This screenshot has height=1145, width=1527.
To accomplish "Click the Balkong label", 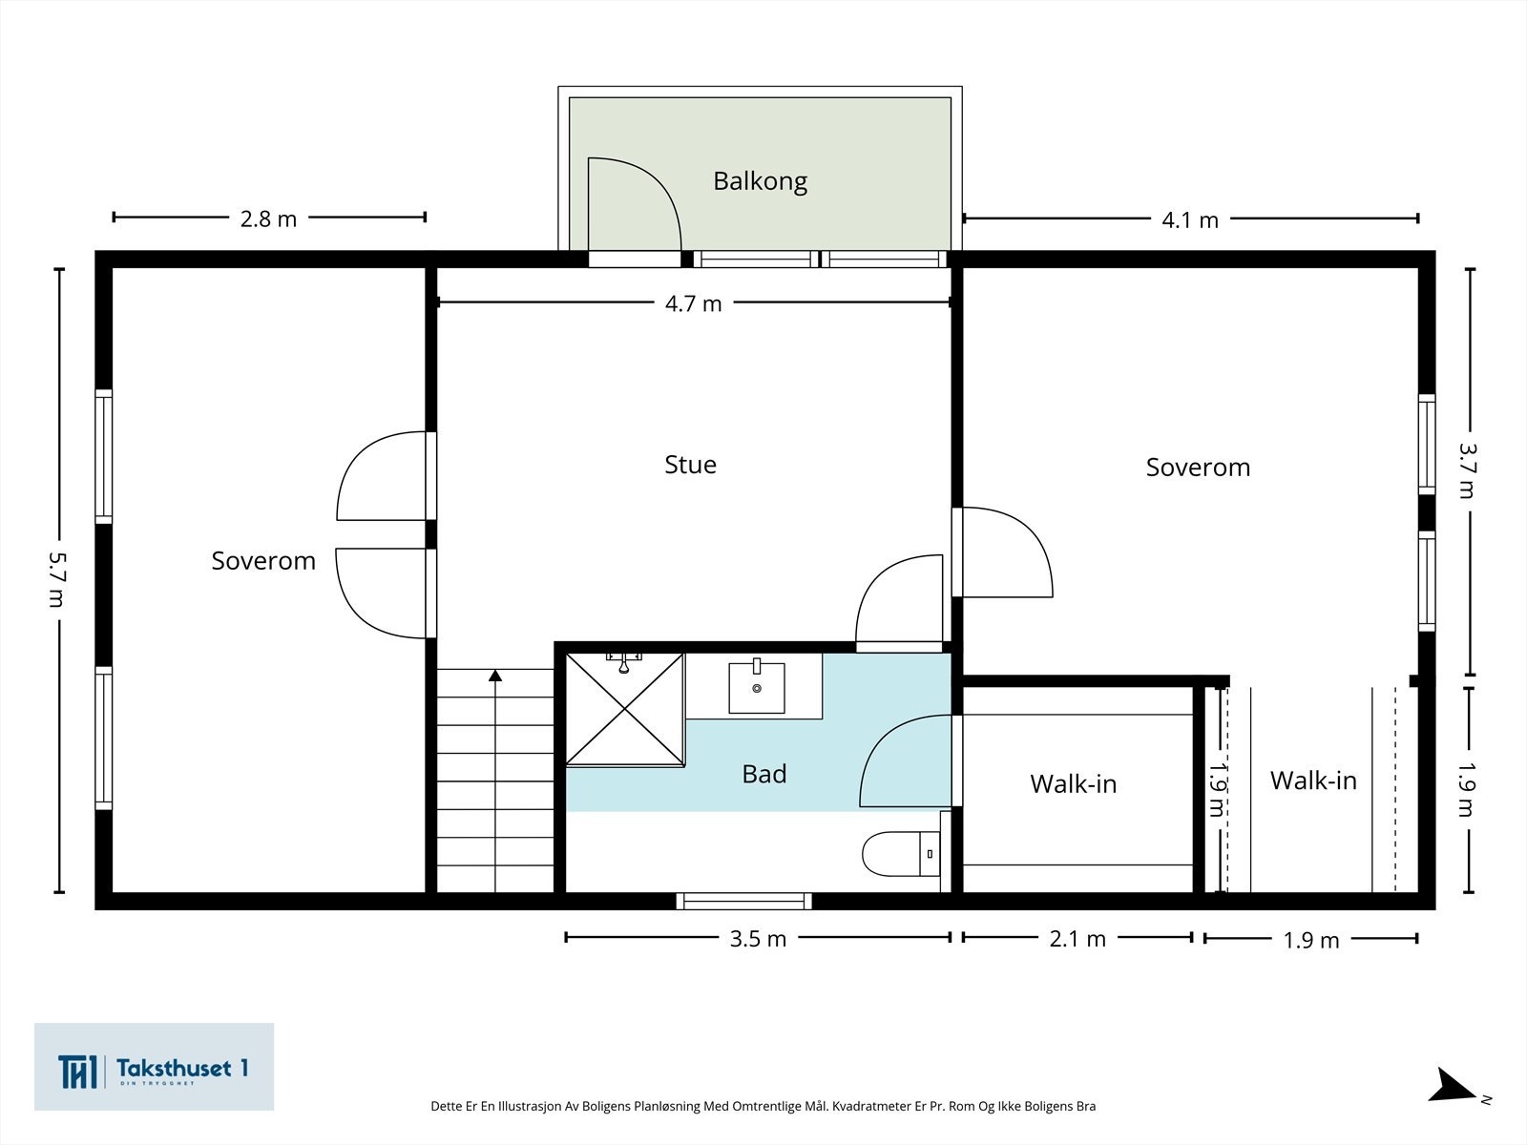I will pyautogui.click(x=760, y=180).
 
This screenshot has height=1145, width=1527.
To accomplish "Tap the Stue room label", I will pyautogui.click(x=690, y=465).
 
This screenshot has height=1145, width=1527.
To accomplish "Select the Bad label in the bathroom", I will pyautogui.click(x=763, y=774).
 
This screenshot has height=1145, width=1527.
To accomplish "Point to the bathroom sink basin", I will pyautogui.click(x=756, y=688).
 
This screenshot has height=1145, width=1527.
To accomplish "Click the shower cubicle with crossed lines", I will pyautogui.click(x=625, y=708).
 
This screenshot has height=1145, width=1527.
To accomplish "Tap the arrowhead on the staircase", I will pyautogui.click(x=494, y=676).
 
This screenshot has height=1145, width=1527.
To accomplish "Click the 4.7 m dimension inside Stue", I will pyautogui.click(x=693, y=303).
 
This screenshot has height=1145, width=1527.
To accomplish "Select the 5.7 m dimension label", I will pyautogui.click(x=58, y=579).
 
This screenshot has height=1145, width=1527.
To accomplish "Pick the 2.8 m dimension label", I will pyautogui.click(x=268, y=219).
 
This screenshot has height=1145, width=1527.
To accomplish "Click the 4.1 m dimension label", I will pyautogui.click(x=1189, y=220).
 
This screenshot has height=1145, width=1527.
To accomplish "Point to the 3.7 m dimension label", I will pyautogui.click(x=1467, y=469).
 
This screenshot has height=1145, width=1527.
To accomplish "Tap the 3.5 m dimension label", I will pyautogui.click(x=758, y=939).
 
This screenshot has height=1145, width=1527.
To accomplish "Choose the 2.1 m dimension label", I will pyautogui.click(x=1077, y=939).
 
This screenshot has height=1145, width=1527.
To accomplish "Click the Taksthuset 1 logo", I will pyautogui.click(x=154, y=1067).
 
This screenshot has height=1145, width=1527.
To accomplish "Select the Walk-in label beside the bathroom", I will pyautogui.click(x=1073, y=784).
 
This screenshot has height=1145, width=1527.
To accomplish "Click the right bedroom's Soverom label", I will pyautogui.click(x=1198, y=468).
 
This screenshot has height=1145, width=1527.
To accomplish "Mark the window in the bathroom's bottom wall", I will pyautogui.click(x=743, y=901).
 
